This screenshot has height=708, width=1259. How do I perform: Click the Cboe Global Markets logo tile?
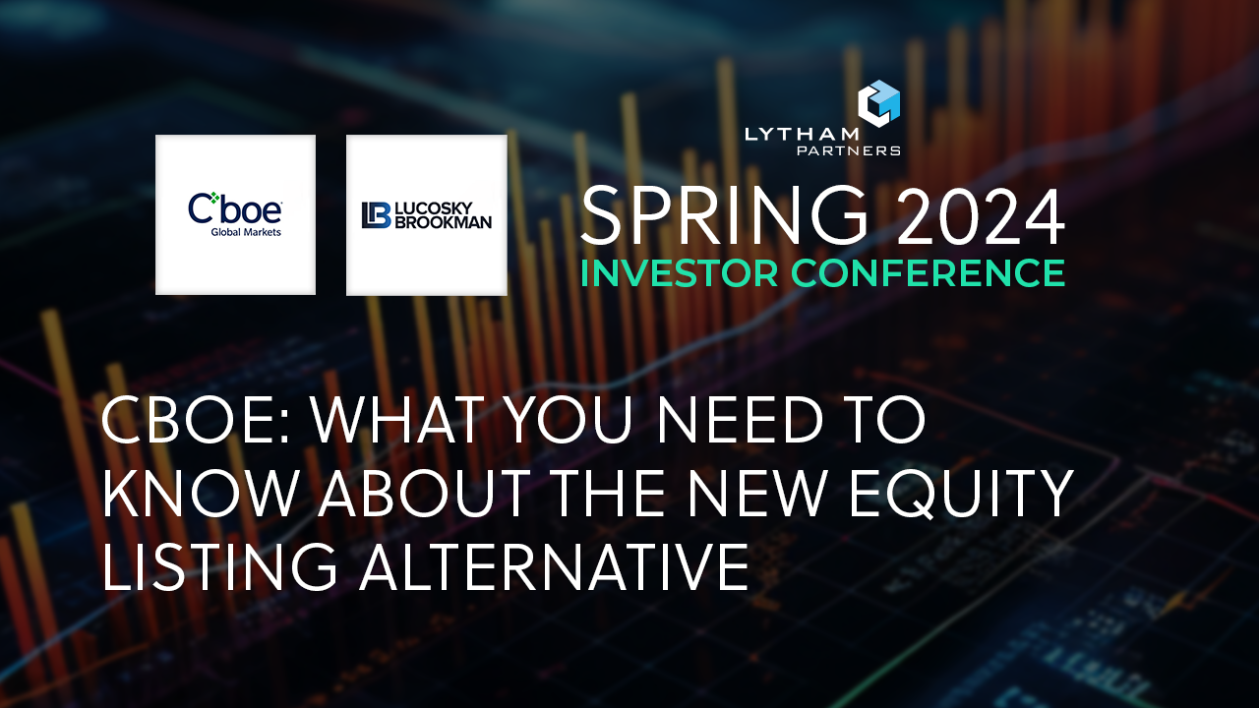click(235, 214)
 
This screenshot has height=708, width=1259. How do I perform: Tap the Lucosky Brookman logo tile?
click(426, 214)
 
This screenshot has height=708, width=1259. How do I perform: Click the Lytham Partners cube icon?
click(878, 103)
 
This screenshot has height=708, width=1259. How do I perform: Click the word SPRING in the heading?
click(724, 218)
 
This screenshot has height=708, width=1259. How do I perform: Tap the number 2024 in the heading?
click(981, 218)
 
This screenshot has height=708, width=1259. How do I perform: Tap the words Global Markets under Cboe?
click(235, 232)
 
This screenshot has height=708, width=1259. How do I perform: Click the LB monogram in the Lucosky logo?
click(376, 215)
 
